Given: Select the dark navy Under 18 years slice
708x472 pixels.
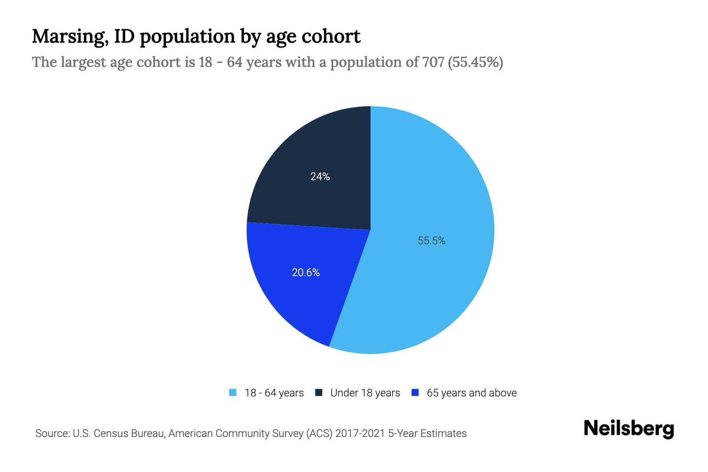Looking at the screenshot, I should coord(315,157).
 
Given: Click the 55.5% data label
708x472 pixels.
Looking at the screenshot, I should coord(431,241).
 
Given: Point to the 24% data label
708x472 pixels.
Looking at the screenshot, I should coord(320,177).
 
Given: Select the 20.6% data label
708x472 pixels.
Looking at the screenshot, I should coord(306,273).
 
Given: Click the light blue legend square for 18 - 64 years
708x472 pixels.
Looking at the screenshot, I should coord(233,393).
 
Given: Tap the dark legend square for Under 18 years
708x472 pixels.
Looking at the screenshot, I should coord(319,393).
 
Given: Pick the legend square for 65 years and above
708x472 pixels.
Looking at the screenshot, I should coord(415,393).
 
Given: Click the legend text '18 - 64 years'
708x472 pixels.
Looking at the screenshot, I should coord(274,393).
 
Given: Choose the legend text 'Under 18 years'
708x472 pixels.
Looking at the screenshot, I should coord(365,393).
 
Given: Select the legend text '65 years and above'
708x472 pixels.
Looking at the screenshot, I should coord(472,393).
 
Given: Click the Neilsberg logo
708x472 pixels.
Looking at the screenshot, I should coord(629,429).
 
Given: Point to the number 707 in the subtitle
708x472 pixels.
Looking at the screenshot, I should coord(433,62).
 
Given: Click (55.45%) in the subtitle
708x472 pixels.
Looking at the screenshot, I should coord(476,62).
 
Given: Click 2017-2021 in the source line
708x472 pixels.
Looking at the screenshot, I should coord(360,433).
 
